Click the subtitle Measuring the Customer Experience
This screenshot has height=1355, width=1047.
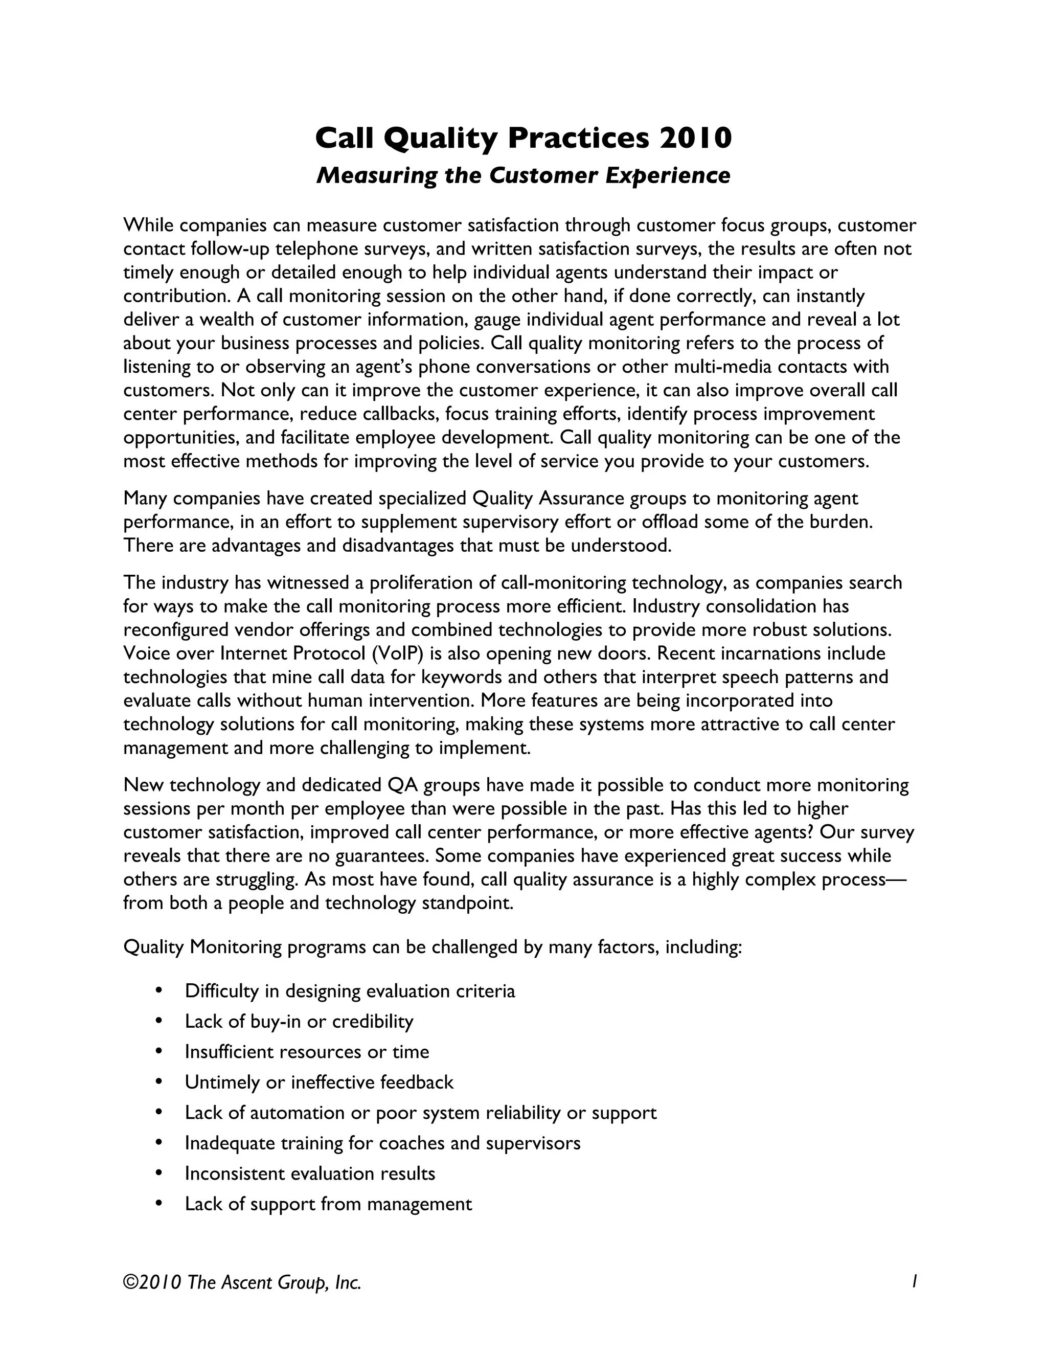(523, 175)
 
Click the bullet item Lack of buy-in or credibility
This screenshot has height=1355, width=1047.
(299, 1021)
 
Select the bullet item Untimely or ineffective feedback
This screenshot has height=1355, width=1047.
(319, 1082)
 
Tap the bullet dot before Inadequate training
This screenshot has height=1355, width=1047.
(160, 1143)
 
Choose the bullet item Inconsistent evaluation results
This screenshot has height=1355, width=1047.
(309, 1173)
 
